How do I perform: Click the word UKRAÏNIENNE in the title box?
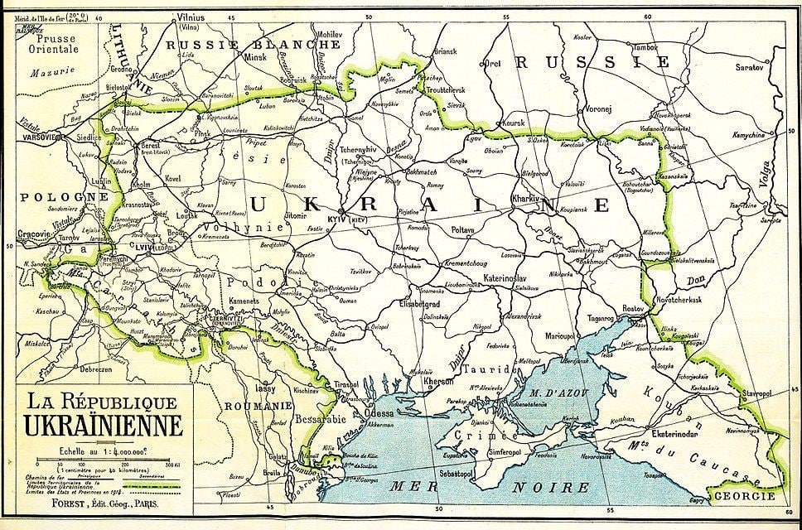pos(104,426)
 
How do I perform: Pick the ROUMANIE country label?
pos(257,406)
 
